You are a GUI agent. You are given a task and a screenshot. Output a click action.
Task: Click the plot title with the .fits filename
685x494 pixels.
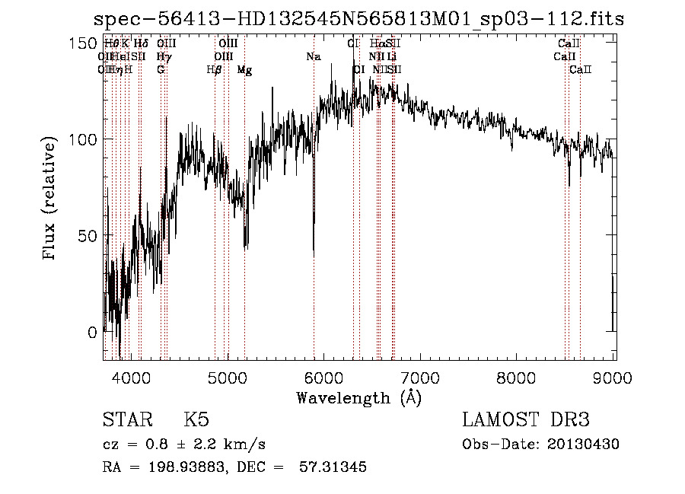coord(358,19)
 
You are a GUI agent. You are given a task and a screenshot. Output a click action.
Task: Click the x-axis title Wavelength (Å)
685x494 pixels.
coord(358,397)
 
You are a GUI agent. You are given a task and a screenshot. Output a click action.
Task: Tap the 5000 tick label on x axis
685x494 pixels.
coord(228,378)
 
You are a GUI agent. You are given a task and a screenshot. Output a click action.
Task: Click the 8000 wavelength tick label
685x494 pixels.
coord(518,378)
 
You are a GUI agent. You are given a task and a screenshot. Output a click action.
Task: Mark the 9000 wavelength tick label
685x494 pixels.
coord(613,378)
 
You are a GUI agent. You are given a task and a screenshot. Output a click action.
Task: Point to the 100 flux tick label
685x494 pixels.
coord(84,139)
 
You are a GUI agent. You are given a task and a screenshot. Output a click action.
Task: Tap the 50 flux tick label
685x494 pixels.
coord(89,236)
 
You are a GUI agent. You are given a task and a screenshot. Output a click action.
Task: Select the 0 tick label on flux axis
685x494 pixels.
coord(93,333)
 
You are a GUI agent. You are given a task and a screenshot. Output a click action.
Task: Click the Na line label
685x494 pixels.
coord(314,56)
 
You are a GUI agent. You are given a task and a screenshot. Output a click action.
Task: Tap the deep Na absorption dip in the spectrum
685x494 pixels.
coord(314,247)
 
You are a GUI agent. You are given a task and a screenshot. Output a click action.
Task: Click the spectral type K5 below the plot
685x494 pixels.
coord(196,420)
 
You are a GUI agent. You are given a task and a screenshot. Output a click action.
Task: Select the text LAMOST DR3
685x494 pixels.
coord(525,420)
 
